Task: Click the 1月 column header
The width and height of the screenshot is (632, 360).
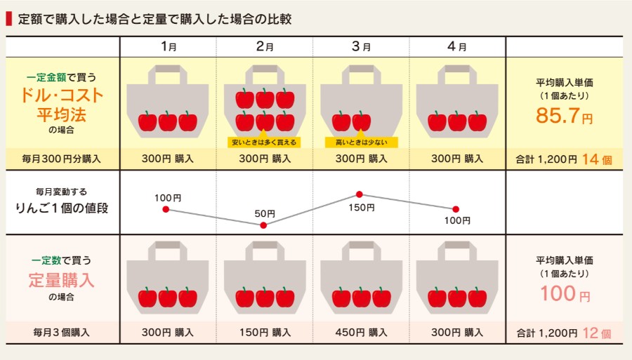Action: [169, 47]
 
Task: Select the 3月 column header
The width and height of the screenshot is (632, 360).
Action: [361, 47]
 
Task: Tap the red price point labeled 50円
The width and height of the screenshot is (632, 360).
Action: [263, 225]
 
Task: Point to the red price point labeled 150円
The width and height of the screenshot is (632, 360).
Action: [359, 194]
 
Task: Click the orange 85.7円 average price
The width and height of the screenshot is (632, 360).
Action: [564, 116]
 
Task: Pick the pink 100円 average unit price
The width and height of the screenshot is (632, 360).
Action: [565, 293]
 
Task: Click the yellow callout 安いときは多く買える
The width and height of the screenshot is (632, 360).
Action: [264, 142]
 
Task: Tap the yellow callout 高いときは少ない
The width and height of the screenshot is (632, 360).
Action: [362, 142]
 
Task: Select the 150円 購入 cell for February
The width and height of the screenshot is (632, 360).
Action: [265, 333]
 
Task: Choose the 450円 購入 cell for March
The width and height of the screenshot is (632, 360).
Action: [361, 333]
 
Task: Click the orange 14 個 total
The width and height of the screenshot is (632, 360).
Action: [596, 159]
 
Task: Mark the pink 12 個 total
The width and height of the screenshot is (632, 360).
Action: [596, 333]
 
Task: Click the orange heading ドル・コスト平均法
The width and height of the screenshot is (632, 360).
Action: [62, 105]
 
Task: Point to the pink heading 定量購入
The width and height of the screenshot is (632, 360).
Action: [61, 280]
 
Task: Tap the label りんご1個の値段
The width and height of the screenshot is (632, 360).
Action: [62, 208]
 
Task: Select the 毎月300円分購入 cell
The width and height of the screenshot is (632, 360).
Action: [61, 159]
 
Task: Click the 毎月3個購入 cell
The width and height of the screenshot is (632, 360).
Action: [61, 333]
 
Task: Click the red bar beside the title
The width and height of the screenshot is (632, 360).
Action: [9, 19]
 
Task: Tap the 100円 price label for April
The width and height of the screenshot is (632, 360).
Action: [457, 220]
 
